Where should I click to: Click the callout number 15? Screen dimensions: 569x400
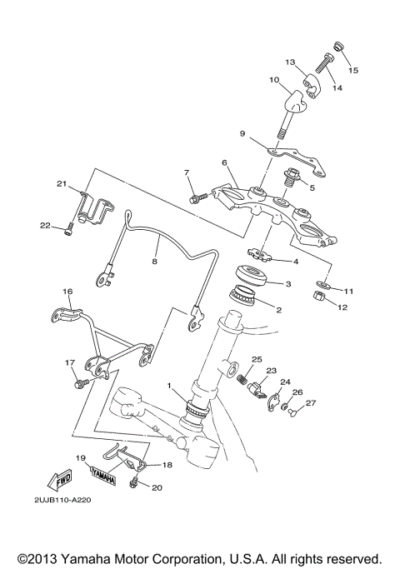[x=353, y=71]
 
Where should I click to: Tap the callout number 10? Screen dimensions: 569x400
[x=274, y=81]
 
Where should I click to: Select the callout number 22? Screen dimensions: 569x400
[x=45, y=225]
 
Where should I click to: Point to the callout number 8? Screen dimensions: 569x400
[x=154, y=261]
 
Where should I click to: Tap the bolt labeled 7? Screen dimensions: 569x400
[x=199, y=197]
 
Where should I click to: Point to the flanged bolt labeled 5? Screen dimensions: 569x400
[x=296, y=177]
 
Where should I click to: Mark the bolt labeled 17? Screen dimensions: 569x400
[x=83, y=382]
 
